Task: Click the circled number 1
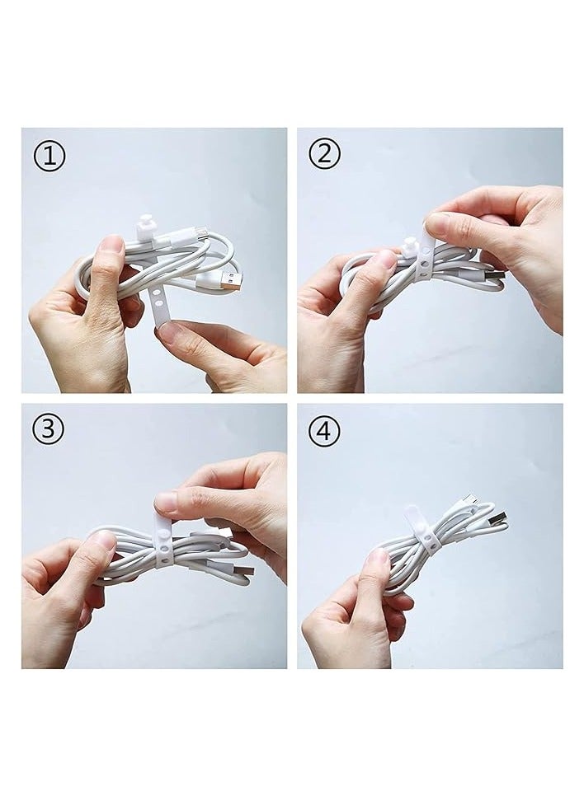click(49, 156)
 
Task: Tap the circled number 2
click(324, 154)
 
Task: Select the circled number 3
click(49, 430)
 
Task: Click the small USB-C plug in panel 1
click(200, 235)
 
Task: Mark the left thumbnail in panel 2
click(384, 259)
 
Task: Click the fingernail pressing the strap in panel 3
click(166, 501)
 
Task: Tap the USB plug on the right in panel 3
click(240, 572)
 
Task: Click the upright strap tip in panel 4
click(412, 517)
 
